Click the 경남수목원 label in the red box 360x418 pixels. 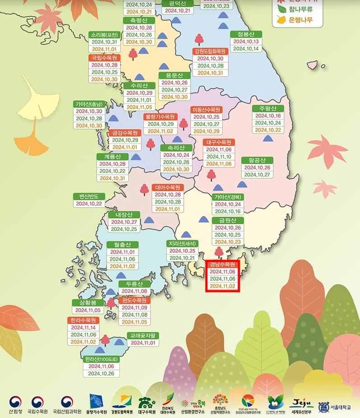point(222,265)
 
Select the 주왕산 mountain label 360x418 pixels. point(268,108)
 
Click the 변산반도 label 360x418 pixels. point(89,196)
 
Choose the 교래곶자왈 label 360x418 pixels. point(143,335)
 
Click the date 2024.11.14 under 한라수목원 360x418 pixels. point(84,327)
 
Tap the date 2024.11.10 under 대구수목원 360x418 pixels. point(219,157)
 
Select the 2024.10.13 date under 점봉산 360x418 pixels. point(246,42)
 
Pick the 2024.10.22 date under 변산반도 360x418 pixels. point(89,204)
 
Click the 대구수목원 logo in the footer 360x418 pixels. point(144,404)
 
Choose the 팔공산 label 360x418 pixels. point(257,160)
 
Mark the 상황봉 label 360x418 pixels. point(88,303)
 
